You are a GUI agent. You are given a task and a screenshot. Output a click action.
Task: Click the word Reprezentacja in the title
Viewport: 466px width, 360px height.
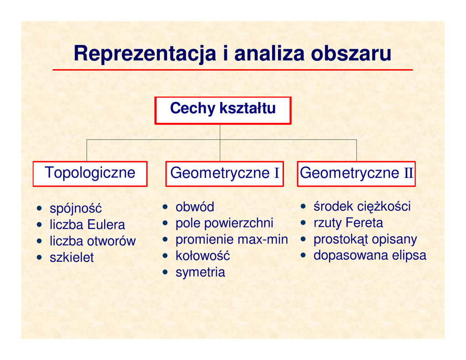pyautogui.click(x=145, y=54)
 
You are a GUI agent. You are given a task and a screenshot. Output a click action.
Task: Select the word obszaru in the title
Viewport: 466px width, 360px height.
pyautogui.click(x=351, y=54)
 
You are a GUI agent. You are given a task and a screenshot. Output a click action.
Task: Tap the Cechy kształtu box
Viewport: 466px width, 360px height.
pyautogui.click(x=223, y=110)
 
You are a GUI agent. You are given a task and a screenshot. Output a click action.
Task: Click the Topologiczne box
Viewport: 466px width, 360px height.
pyautogui.click(x=90, y=174)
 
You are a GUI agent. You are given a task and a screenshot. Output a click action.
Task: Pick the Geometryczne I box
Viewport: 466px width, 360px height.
pyautogui.click(x=225, y=174)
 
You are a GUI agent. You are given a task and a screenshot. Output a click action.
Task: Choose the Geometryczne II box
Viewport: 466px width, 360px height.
pyautogui.click(x=356, y=174)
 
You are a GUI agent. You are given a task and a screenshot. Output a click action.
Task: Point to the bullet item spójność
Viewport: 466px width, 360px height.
pyautogui.click(x=76, y=208)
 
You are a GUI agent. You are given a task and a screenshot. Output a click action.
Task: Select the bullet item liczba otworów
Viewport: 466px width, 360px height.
pyautogui.click(x=93, y=241)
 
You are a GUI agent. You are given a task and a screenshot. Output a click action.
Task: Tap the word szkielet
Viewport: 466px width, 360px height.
pyautogui.click(x=71, y=258)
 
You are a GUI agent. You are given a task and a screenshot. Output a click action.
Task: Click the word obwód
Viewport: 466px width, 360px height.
pyautogui.click(x=195, y=207)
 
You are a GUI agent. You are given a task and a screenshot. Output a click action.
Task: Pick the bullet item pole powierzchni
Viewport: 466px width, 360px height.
pyautogui.click(x=224, y=223)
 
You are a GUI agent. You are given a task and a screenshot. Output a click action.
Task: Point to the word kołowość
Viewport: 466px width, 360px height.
pyautogui.click(x=203, y=256)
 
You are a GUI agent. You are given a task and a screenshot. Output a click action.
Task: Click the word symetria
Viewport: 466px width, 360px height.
pyautogui.click(x=200, y=273)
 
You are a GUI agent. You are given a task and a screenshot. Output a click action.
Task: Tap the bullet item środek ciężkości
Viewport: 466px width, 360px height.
pyautogui.click(x=362, y=207)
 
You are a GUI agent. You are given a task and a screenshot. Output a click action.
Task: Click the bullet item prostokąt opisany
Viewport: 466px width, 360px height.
pyautogui.click(x=365, y=239)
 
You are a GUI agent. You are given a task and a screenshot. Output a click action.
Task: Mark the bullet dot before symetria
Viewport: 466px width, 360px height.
pyautogui.click(x=165, y=272)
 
